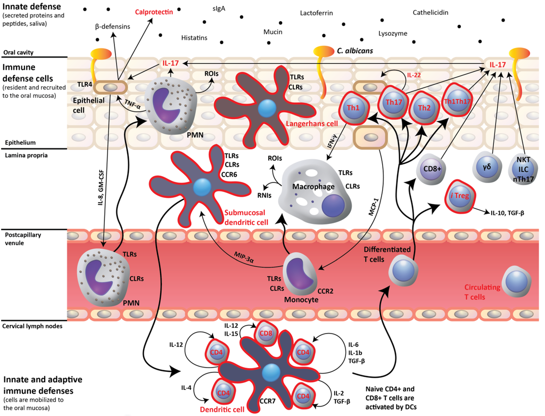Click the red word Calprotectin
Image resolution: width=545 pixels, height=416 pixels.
coord(154,11)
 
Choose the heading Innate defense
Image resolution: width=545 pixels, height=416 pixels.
coord(30,6)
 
